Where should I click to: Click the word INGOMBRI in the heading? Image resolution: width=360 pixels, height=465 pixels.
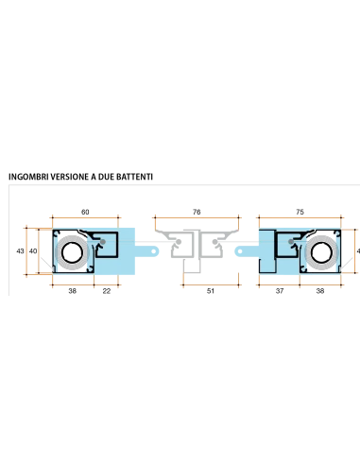pos(28,177)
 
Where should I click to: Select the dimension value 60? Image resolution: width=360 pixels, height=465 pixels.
pos(85,212)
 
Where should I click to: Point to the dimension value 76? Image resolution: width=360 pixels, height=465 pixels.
pos(197,212)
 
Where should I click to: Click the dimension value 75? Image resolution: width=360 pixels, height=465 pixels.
pos(300,212)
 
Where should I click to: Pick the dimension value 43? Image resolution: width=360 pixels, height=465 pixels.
pos(20,251)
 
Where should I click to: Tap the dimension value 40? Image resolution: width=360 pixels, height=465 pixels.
pos(33,251)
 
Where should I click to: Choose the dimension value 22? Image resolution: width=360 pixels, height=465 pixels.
pos(107,291)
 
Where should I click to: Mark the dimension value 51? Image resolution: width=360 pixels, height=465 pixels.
pos(211,291)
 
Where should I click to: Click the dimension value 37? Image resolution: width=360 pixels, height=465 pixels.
pos(280,291)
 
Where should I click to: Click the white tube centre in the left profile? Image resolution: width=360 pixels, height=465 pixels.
pos(73,252)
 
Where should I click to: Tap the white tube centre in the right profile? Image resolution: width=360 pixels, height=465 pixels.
pos(321,252)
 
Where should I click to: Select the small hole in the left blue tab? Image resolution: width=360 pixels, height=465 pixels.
pos(154,251)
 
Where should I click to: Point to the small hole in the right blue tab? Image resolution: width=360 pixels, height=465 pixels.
pos(240,251)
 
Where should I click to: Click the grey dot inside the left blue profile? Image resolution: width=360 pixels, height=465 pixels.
pos(103,242)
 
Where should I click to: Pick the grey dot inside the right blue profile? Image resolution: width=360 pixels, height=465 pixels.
pos(291,242)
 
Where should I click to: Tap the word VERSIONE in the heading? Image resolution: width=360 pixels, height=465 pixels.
pos(70,177)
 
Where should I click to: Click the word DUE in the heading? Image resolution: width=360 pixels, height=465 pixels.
pos(106,177)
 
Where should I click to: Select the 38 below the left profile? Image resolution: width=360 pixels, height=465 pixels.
pos(73,291)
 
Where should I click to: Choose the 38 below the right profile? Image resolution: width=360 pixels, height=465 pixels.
pos(320,291)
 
